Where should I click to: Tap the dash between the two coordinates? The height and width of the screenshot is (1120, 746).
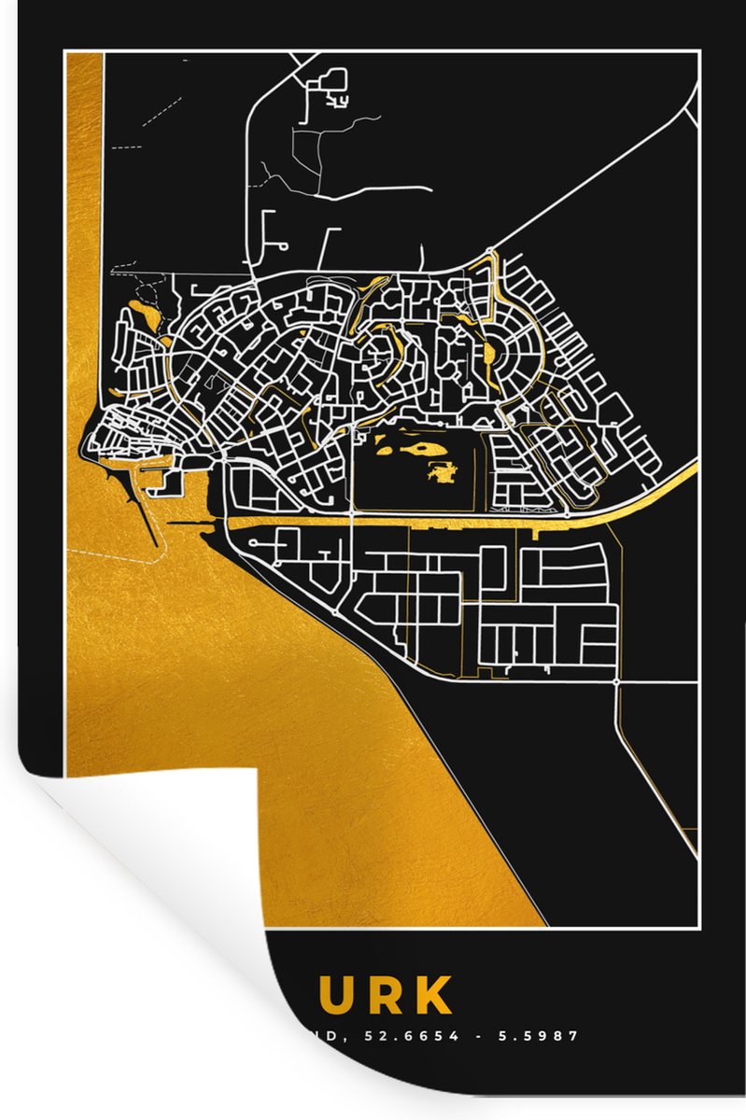click(472, 1035)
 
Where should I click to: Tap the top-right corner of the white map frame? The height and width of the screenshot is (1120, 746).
click(698, 53)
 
